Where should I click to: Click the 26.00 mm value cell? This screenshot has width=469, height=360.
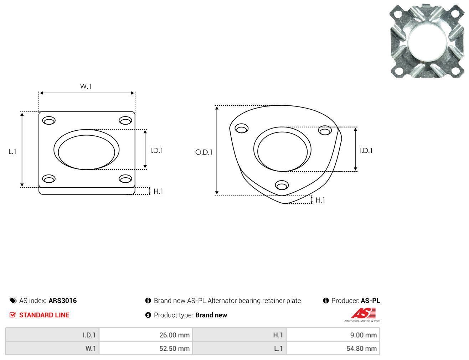146,335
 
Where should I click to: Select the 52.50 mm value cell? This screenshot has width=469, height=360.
146,348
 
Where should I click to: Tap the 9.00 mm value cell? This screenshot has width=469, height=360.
333,335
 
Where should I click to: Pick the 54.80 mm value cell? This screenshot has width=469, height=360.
333,348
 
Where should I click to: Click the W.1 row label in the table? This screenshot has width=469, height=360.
91,349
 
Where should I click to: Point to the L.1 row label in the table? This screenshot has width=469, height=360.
278,349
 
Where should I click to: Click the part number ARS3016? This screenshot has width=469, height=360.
63,301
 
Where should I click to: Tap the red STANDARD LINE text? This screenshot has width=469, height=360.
44,315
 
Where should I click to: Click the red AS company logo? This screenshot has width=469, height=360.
364,313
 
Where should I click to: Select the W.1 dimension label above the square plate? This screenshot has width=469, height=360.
86,87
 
